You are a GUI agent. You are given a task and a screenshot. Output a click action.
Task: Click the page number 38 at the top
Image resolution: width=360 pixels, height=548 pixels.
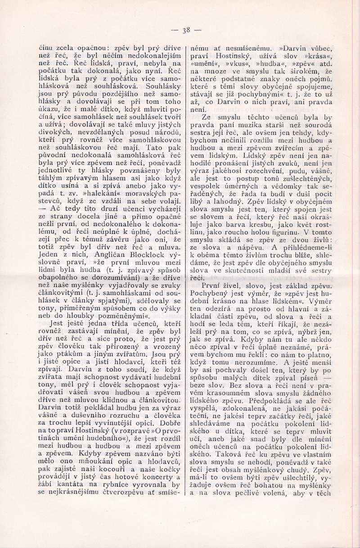point(186,31)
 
